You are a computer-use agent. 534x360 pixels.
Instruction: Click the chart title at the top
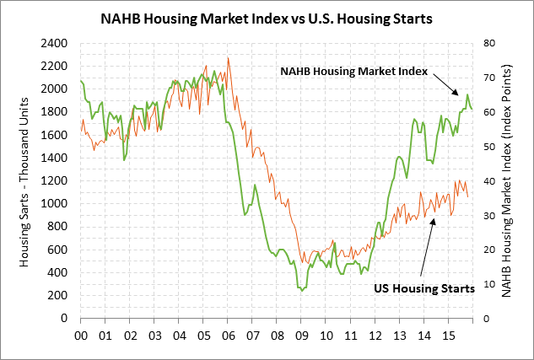coord(267,17)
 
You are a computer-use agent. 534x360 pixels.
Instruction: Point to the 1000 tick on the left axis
coord(59,204)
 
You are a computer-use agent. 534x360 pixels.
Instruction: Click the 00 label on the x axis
coord(81,334)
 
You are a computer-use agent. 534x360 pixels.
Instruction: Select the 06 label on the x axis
coord(229,334)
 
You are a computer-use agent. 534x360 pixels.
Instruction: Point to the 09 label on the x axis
coord(302,334)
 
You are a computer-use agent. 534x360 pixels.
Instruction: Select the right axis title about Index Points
coord(509,180)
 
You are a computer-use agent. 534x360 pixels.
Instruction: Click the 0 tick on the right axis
coord(482,319)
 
